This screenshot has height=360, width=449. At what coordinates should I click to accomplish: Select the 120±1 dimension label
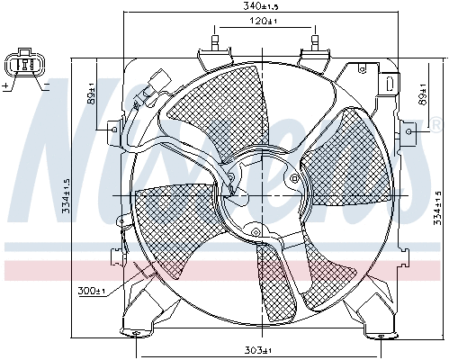click(x=264, y=21)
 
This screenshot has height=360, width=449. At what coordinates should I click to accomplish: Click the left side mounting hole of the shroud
click(x=112, y=130)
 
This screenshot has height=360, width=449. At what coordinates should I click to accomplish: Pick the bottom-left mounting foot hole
click(x=137, y=335)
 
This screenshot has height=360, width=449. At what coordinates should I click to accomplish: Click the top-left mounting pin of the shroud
click(x=215, y=41)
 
